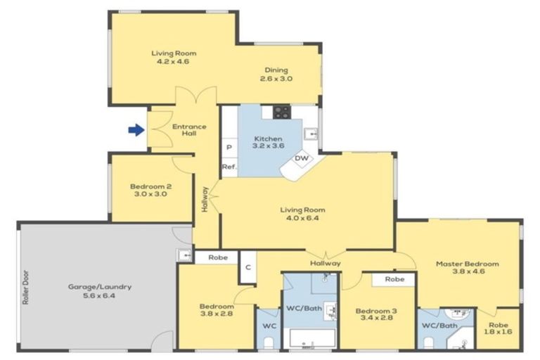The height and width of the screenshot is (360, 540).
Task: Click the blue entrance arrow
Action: tap(136, 129)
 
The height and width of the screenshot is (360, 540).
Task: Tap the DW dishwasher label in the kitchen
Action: tap(302, 158)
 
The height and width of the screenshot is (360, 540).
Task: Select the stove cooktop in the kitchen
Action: tap(281, 112)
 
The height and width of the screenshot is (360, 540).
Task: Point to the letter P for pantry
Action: tap(229, 148)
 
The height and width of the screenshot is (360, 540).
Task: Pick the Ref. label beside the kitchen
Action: tap(229, 167)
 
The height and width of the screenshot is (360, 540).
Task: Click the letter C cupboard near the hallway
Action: tap(247, 267)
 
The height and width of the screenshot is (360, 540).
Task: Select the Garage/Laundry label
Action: tap(100, 291)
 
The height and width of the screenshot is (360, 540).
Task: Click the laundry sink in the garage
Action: tap(184, 255)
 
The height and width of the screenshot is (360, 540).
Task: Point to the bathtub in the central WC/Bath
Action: tap(309, 340)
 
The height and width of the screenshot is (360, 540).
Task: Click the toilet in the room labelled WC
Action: tap(268, 342)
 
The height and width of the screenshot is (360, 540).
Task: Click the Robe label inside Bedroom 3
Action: tap(395, 278)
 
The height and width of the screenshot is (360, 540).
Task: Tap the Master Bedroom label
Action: tap(467, 269)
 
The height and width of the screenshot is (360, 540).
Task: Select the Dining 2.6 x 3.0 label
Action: tap(278, 74)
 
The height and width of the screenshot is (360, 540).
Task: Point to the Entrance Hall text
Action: tap(190, 130)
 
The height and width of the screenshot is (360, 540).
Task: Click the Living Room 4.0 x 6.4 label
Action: tap(307, 214)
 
